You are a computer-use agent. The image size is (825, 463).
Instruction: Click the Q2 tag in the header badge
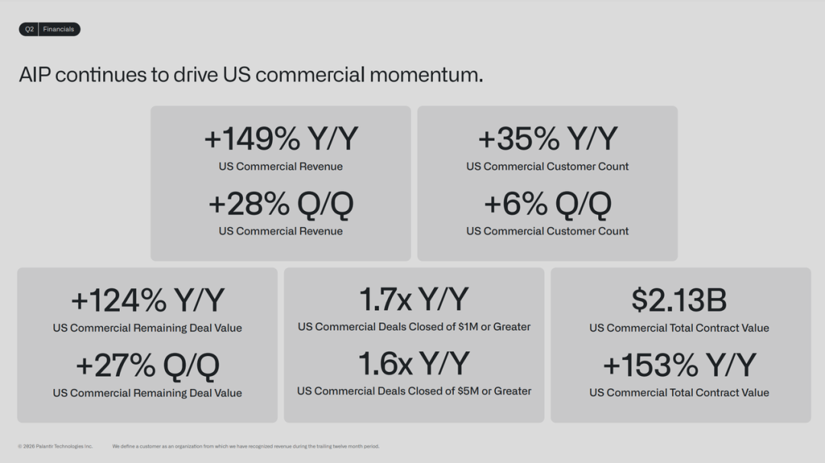coord(29,30)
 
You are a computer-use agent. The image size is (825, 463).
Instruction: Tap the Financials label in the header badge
coord(58,30)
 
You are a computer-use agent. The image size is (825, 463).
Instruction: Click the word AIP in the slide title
coord(34,75)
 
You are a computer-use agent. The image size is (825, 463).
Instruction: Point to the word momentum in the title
coord(425,75)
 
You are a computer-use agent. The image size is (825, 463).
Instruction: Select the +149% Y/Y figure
coord(281,139)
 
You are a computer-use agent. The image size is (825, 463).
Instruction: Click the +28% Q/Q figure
coord(281,204)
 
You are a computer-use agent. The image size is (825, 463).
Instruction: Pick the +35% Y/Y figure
coord(547,139)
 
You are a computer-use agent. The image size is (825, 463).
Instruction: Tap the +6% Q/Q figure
coord(547,204)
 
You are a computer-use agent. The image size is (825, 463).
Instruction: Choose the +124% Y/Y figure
coord(147,300)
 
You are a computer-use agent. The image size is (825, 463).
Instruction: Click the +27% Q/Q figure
coord(147,366)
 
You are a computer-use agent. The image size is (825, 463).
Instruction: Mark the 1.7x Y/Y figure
coord(414,299)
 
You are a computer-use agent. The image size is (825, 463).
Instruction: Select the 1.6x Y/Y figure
coord(414,364)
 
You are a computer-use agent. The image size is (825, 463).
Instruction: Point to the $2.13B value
coord(679,300)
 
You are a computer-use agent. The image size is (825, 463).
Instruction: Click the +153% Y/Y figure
coord(679,365)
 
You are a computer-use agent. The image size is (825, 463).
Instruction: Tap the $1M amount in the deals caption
coord(467,327)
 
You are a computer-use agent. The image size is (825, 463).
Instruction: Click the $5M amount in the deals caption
coord(468,391)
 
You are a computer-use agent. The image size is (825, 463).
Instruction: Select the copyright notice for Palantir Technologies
coord(55,446)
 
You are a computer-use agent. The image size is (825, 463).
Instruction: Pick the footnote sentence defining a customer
coord(246,446)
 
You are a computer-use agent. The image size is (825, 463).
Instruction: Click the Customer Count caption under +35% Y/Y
coord(547,167)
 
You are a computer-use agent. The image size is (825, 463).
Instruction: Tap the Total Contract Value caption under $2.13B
coord(679,328)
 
